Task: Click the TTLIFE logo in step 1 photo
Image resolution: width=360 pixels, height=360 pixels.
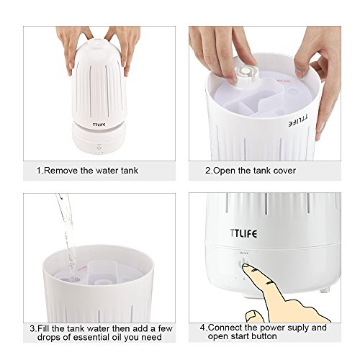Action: pos(99,125)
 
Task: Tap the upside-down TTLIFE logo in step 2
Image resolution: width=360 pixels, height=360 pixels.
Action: pos(298,120)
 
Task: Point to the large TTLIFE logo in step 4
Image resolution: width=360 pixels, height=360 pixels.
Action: pos(243,233)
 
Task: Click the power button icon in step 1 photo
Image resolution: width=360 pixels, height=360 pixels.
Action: pos(99,148)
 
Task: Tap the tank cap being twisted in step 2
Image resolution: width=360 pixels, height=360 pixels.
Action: pos(245,73)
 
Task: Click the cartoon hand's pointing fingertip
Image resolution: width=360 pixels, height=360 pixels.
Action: pos(246,266)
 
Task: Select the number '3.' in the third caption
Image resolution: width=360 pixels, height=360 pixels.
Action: pos(33,328)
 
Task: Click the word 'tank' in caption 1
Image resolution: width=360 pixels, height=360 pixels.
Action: pos(130,171)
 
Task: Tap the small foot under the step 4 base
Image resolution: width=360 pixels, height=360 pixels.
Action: pos(324,290)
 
